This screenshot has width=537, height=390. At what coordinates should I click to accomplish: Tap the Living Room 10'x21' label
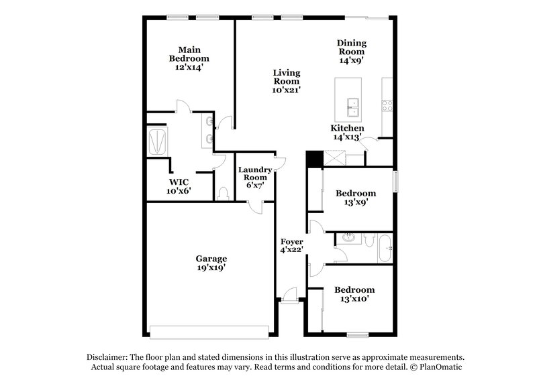pos(286,81)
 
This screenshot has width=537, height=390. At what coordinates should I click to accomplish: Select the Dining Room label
pos(351,51)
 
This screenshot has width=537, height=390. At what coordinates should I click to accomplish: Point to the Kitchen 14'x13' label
pos(347,132)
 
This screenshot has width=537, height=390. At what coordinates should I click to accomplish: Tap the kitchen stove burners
pos(387,105)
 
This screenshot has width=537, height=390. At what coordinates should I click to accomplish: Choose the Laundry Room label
pos(255,178)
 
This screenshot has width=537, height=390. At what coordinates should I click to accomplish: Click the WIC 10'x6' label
pos(179,186)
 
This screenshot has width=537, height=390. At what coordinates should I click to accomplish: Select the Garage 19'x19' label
pos(211,263)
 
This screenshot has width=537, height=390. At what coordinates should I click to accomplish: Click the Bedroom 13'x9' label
pos(355,198)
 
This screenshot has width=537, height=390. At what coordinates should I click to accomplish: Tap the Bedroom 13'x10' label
pos(355,294)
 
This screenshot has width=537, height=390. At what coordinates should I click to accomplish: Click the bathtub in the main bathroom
pos(158,141)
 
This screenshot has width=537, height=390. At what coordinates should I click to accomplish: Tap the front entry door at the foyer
pos(290,295)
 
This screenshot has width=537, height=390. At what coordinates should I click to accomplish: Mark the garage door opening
pos(209,330)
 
